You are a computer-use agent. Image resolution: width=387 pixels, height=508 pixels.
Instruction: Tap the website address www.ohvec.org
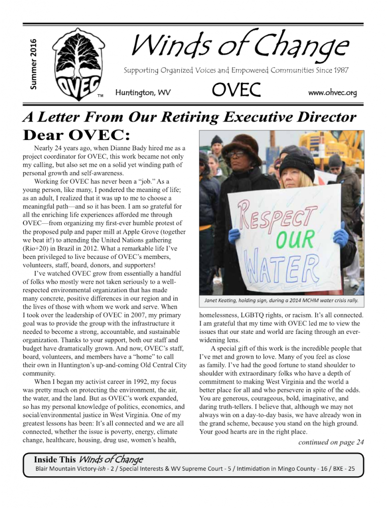(x=332, y=92)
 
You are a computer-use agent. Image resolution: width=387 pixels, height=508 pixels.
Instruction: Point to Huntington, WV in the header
(x=143, y=93)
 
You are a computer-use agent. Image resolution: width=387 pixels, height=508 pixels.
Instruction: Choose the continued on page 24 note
(x=331, y=443)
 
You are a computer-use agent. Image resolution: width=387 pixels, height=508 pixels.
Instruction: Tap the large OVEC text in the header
(x=236, y=90)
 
